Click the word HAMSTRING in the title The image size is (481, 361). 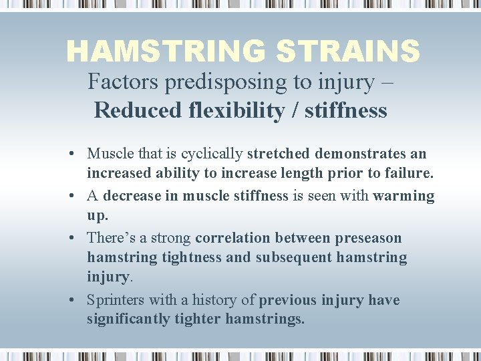pos(159,51)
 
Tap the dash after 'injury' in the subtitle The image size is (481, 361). pos(388,82)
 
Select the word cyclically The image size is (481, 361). pos(214,154)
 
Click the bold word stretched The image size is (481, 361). pos(279,154)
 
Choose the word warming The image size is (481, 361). pos(404,196)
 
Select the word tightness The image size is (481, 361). pos(190,257)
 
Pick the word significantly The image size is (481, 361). pos(128,319)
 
